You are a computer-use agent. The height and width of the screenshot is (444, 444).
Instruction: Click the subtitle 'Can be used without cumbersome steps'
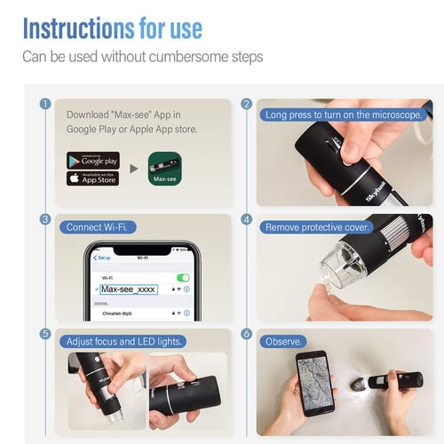click(x=142, y=57)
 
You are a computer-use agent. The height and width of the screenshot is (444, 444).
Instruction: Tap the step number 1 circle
click(x=44, y=104)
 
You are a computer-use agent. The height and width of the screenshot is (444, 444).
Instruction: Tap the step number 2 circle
click(x=246, y=104)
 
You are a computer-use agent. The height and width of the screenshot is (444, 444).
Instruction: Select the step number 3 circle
click(x=44, y=218)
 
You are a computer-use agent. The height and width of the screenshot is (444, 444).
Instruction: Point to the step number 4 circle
click(x=246, y=218)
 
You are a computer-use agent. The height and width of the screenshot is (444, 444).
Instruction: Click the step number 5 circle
click(x=44, y=334)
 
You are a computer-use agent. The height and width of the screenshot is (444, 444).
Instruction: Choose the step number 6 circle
click(x=246, y=334)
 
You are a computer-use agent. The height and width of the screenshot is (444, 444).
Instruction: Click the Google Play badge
click(x=92, y=161)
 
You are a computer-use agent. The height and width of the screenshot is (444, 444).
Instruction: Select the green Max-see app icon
click(x=165, y=169)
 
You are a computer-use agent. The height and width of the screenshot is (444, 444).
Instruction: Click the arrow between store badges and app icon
click(x=133, y=169)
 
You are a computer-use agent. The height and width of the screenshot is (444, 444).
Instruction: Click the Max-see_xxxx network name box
click(x=129, y=289)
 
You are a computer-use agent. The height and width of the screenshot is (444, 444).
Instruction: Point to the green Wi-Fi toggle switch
click(x=183, y=277)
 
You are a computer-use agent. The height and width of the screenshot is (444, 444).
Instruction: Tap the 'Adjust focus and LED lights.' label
click(x=124, y=342)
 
